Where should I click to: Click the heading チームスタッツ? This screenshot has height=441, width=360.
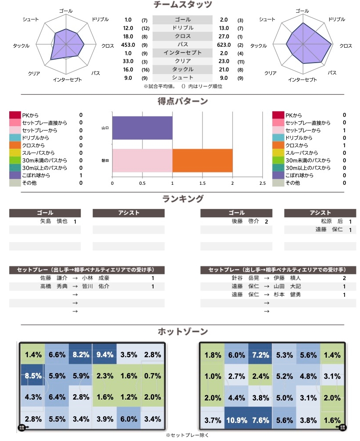pyautogui.click(x=183, y=5)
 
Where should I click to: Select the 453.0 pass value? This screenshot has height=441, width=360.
pyautogui.click(x=128, y=45)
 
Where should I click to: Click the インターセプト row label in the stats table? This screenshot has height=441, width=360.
pyautogui.click(x=182, y=53)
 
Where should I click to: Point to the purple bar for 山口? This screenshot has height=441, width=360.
pyautogui.click(x=142, y=128)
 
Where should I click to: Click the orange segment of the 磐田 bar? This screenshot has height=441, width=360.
pyautogui.click(x=202, y=161)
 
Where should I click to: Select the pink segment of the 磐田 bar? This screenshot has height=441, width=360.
pyautogui.click(x=142, y=161)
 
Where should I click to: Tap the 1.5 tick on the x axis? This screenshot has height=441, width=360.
pyautogui.click(x=202, y=183)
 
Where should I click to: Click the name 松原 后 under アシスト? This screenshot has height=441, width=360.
pyautogui.click(x=332, y=221)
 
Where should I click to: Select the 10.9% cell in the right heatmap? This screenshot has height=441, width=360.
pyautogui.click(x=236, y=420)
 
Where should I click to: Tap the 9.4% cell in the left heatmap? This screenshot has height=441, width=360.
pyautogui.click(x=105, y=354)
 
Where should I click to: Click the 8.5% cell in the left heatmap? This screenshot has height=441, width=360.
pyautogui.click(x=33, y=376)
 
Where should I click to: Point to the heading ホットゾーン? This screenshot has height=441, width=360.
pyautogui.click(x=183, y=331)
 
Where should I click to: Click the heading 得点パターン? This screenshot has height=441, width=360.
pyautogui.click(x=183, y=101)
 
